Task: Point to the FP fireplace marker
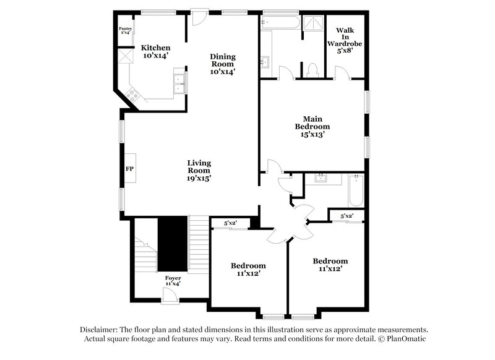coord(130,168)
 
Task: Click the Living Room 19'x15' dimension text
coord(199,178)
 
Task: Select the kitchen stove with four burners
coord(132,94)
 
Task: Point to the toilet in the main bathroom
coord(313,69)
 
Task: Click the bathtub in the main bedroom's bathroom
coord(280,22)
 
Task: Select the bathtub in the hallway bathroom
coord(356,191)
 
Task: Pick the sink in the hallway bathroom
coord(321,179)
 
